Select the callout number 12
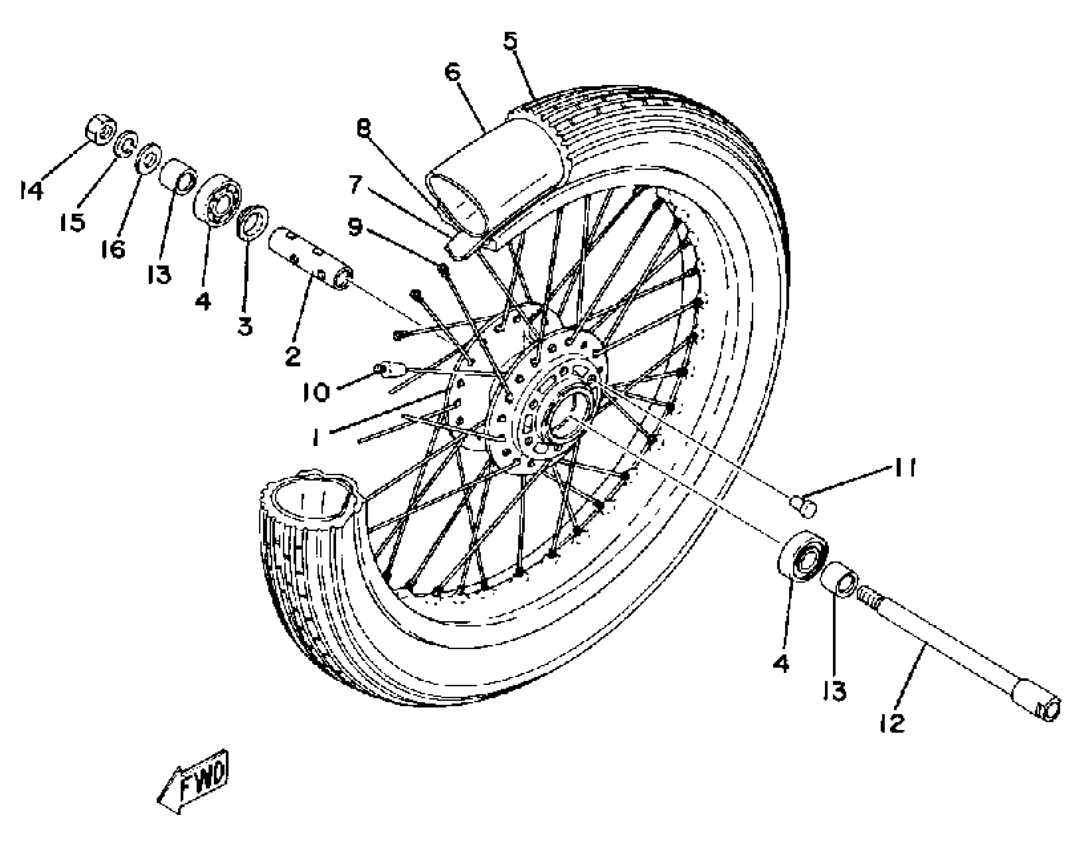[893, 723]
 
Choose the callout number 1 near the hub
[316, 438]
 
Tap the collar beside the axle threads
[838, 579]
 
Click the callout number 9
[355, 227]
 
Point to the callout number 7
[355, 184]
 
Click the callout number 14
[32, 190]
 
